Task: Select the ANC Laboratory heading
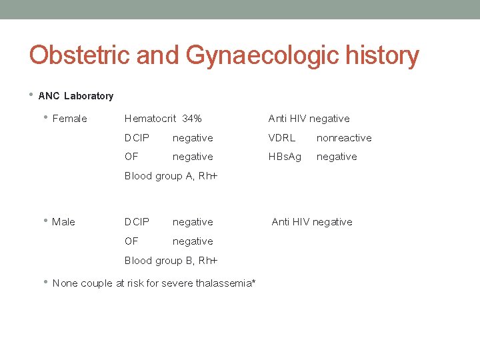(x=76, y=96)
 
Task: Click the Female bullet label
(x=69, y=119)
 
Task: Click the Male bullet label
(x=63, y=222)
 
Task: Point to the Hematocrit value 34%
(x=191, y=119)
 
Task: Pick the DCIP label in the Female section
(x=137, y=138)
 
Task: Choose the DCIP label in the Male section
(x=137, y=222)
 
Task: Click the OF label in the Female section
(x=131, y=157)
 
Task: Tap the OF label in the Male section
(x=131, y=241)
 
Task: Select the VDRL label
(x=281, y=138)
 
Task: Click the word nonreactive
(x=344, y=138)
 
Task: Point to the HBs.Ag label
(x=285, y=157)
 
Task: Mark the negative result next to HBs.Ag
(x=337, y=157)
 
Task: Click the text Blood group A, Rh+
(x=171, y=176)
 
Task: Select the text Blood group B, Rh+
(x=171, y=261)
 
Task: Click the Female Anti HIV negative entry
(x=309, y=119)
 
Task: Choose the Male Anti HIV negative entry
(x=312, y=222)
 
